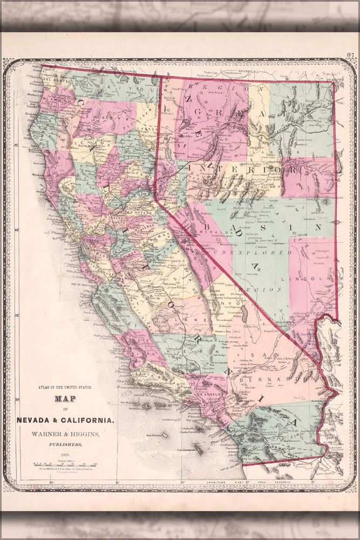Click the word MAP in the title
pos(65,400)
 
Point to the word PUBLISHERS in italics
pos(65,445)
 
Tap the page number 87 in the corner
pos(350,55)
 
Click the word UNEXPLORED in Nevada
pos(253,252)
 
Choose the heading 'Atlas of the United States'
pos(65,387)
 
